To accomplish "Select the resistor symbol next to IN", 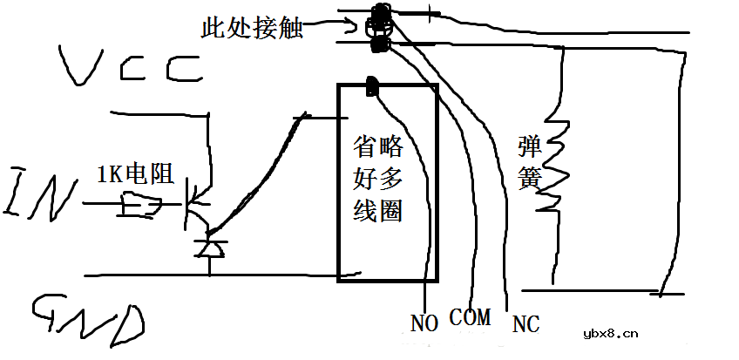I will [143, 207].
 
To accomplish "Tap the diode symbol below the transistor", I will [210, 248].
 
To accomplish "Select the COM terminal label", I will [470, 316].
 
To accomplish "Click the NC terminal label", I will [525, 324].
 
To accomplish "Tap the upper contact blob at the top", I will [380, 16].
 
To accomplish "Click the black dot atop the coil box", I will [372, 86].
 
